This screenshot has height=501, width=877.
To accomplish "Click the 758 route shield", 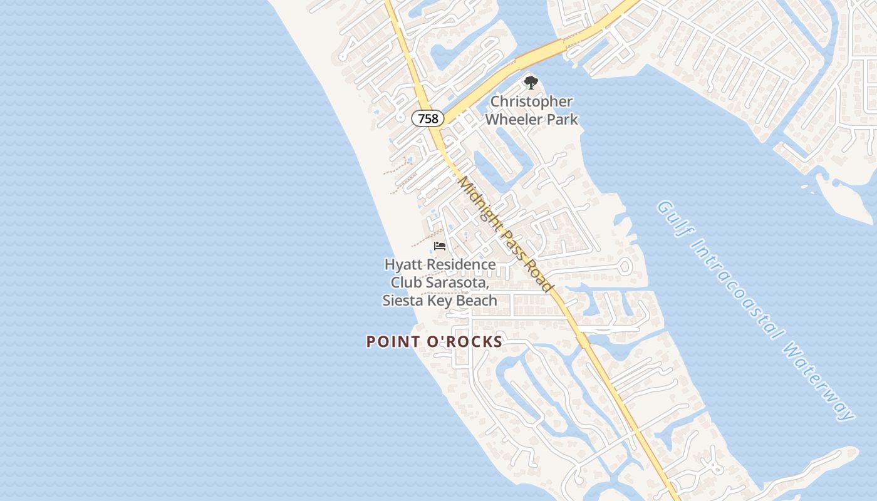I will pyautogui.click(x=428, y=118).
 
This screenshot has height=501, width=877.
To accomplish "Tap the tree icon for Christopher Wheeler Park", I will pyautogui.click(x=531, y=82).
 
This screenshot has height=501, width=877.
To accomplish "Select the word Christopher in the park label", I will pyautogui.click(x=531, y=101).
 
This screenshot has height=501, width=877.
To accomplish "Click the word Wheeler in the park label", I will pyautogui.click(x=512, y=118).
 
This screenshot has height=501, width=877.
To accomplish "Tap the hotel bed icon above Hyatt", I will pyautogui.click(x=439, y=246).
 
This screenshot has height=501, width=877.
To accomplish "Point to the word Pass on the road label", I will pyautogui.click(x=510, y=241).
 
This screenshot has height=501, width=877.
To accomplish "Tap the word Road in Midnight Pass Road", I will pyautogui.click(x=539, y=276).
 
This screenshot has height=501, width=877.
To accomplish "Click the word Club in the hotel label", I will pyautogui.click(x=406, y=282).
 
